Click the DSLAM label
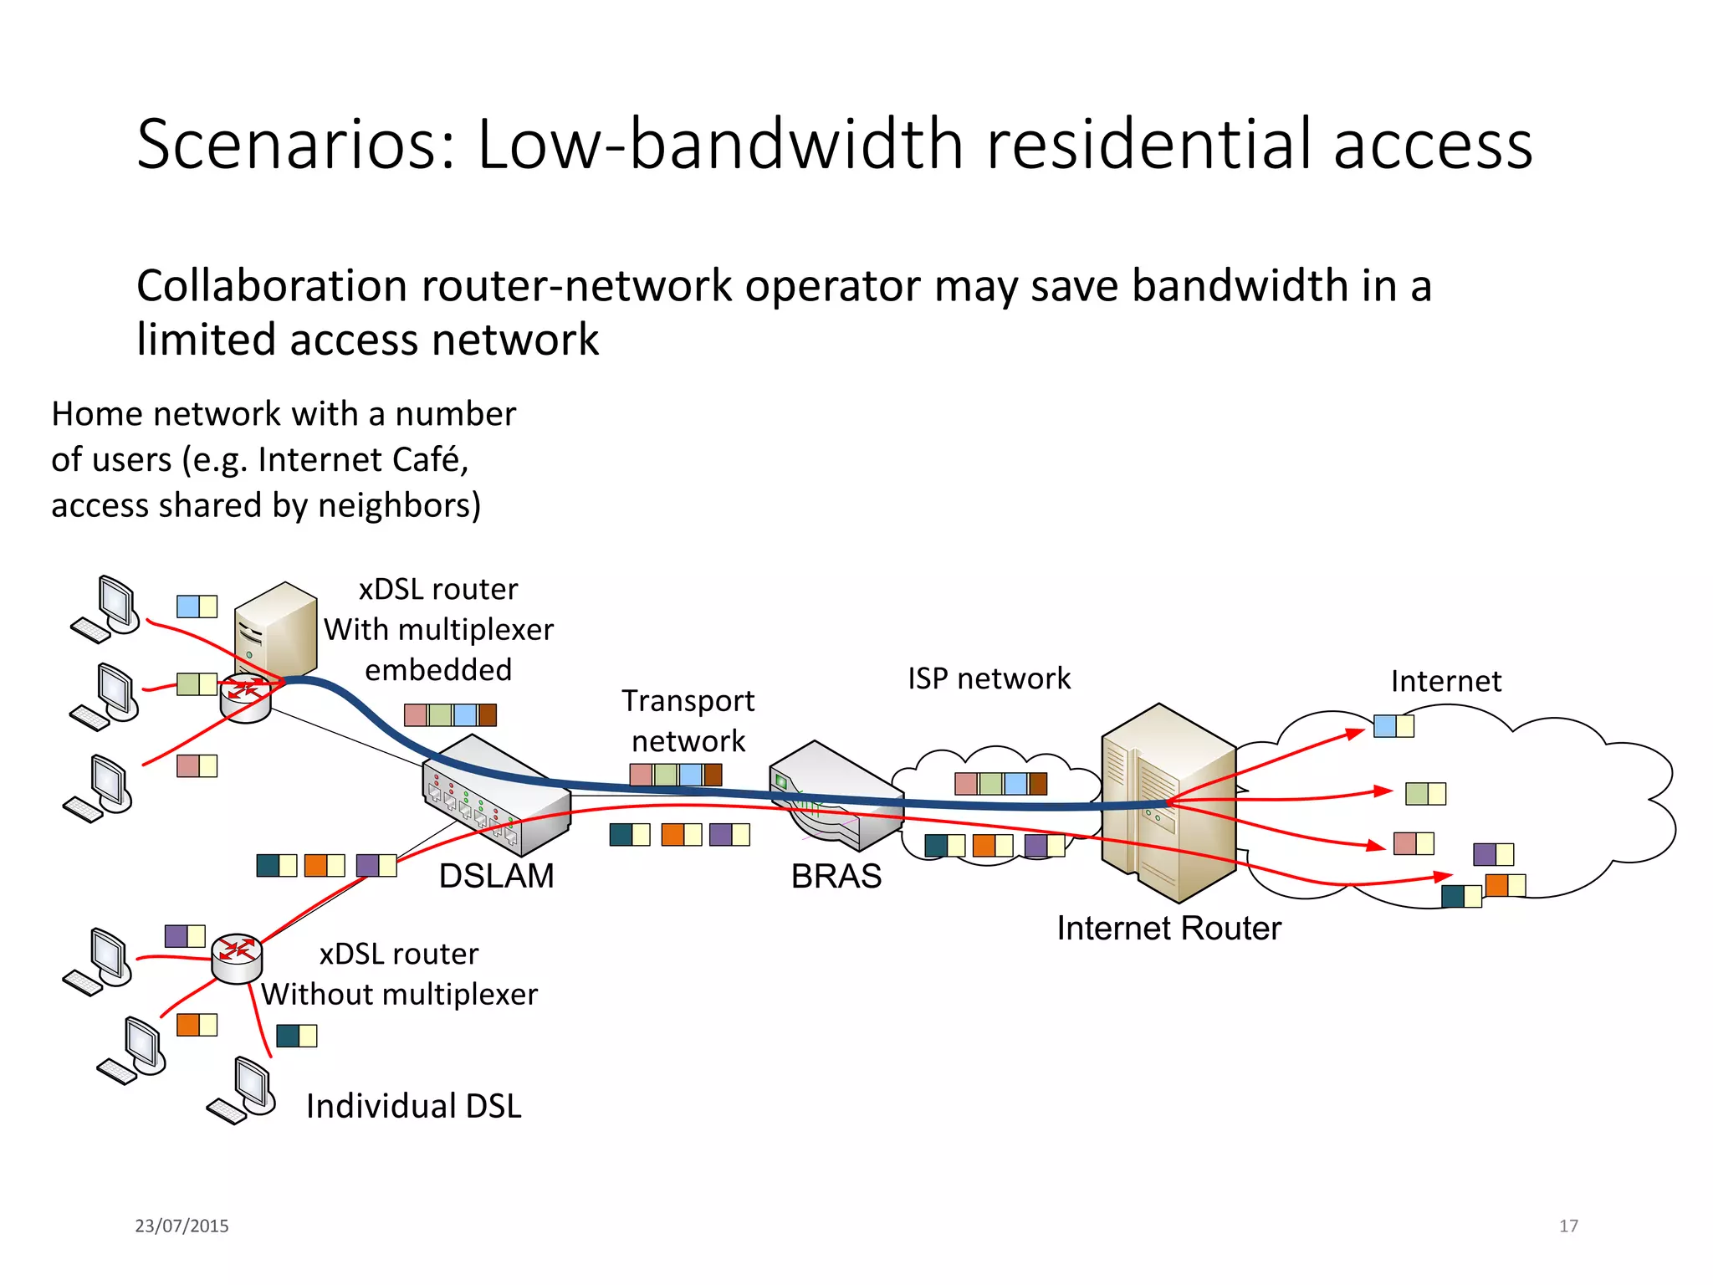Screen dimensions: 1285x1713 click(496, 876)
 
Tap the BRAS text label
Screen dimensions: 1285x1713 click(836, 876)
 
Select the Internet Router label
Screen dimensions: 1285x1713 click(1168, 928)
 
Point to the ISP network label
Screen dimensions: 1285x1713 click(989, 678)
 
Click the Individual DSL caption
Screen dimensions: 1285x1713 click(413, 1106)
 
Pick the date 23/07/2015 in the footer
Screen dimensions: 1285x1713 click(182, 1226)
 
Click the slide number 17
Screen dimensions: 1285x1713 click(1568, 1226)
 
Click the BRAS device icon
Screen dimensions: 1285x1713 click(835, 795)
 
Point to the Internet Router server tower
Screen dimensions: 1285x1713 click(1168, 803)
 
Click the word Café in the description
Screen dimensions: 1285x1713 click(432, 459)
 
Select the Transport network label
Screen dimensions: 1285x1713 click(688, 720)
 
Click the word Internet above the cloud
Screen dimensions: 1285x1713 click(1445, 681)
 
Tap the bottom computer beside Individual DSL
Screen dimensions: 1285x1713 click(244, 1090)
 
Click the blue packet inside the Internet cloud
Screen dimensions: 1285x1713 click(1385, 726)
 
